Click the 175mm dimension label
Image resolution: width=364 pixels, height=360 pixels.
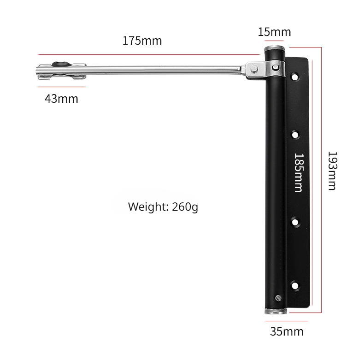[142, 41]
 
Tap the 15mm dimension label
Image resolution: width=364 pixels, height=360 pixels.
[275, 32]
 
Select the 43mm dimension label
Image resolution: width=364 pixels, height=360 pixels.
[62, 99]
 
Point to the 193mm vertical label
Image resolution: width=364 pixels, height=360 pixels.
[332, 171]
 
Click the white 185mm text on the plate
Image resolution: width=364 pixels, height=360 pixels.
[299, 172]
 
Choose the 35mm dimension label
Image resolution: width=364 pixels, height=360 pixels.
[287, 331]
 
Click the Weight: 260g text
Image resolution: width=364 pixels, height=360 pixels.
[163, 207]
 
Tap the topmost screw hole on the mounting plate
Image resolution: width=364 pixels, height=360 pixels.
[295, 77]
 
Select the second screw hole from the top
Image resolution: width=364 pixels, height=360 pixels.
[295, 135]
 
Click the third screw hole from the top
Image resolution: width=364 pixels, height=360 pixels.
[295, 222]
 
